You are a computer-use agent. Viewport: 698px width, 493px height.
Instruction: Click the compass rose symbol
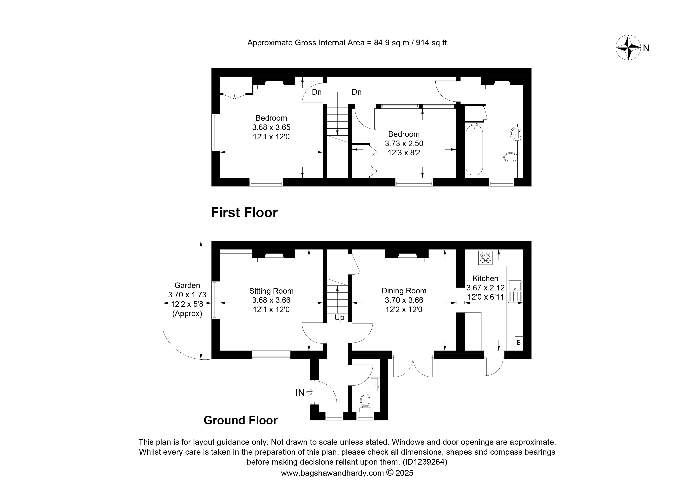click(628, 48)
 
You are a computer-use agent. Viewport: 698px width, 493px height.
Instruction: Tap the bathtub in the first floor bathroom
click(474, 149)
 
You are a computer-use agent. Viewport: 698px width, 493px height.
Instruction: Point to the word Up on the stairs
click(339, 318)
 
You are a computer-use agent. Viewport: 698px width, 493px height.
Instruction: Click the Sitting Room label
click(271, 291)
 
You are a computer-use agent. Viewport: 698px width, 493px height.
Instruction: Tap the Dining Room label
click(404, 291)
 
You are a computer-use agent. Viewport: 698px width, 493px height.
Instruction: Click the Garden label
click(187, 285)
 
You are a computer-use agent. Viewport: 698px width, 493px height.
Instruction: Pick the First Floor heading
click(244, 213)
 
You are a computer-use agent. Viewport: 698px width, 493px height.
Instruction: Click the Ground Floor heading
click(240, 420)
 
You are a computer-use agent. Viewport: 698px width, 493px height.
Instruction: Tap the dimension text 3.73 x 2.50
click(404, 143)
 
